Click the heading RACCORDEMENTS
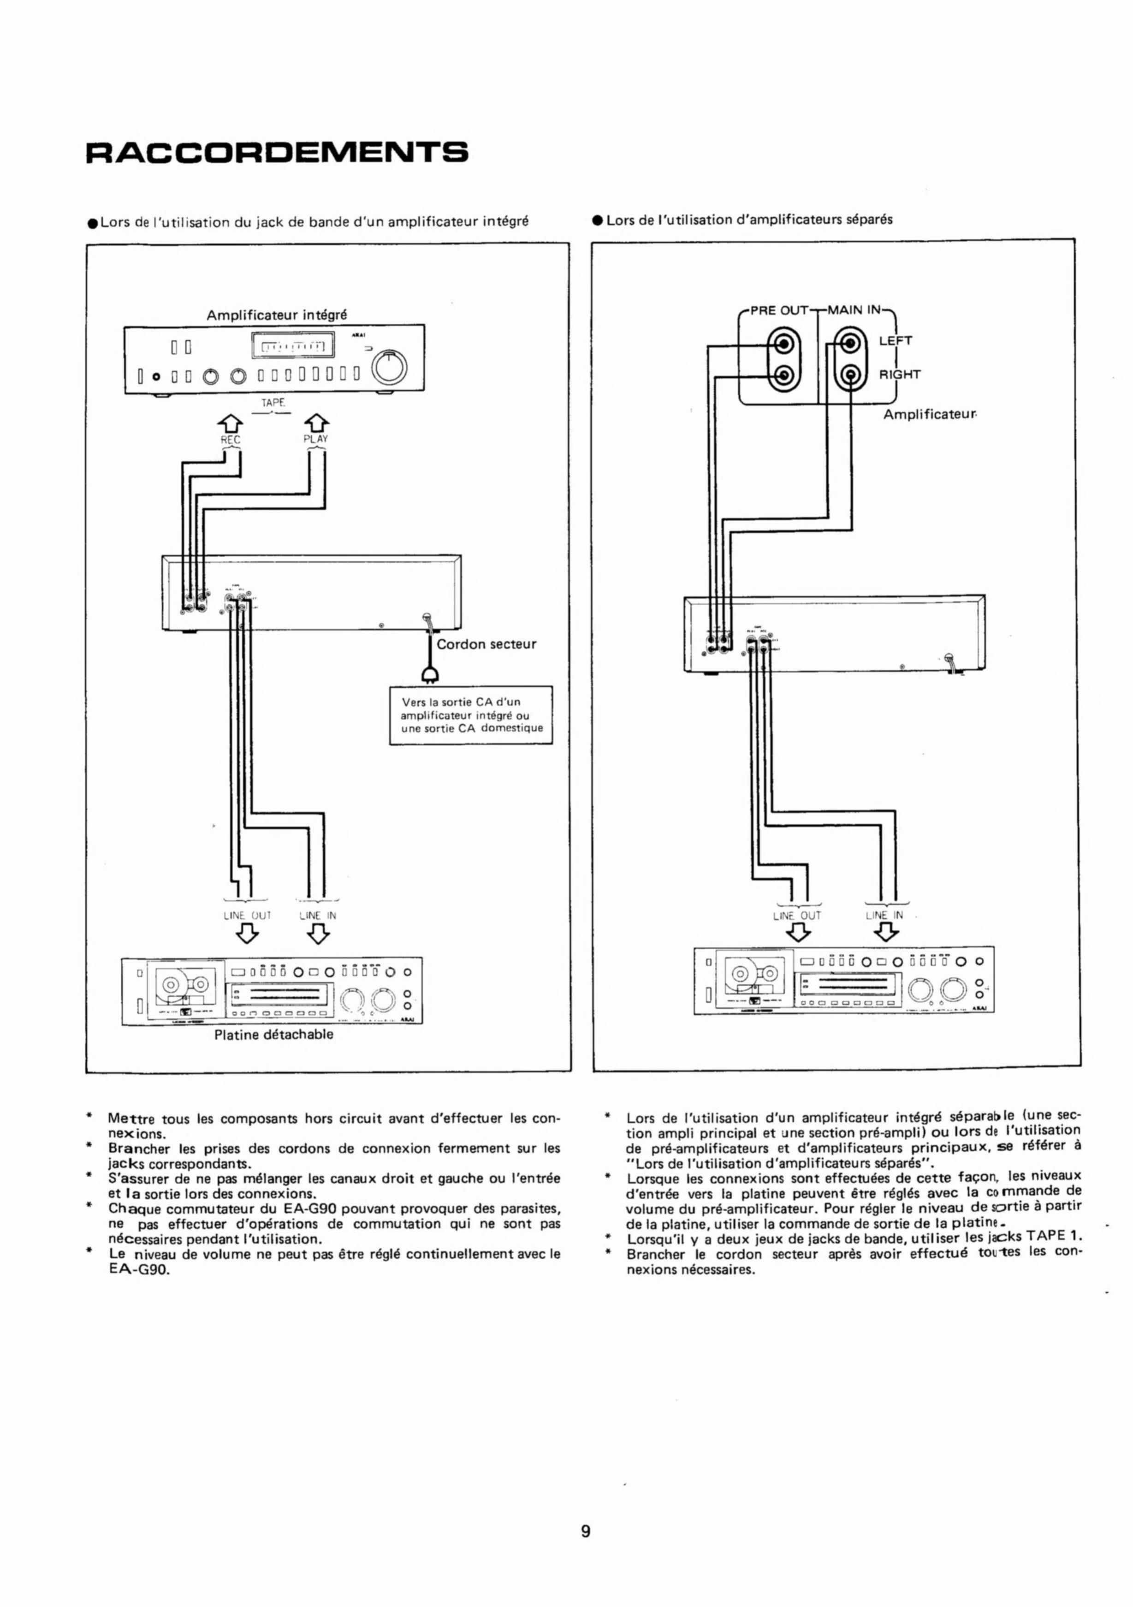click(x=276, y=152)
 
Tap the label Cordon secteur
click(x=486, y=644)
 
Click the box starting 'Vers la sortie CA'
click(x=471, y=715)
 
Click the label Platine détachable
click(x=273, y=1035)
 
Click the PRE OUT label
click(x=779, y=310)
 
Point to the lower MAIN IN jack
click(x=850, y=376)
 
